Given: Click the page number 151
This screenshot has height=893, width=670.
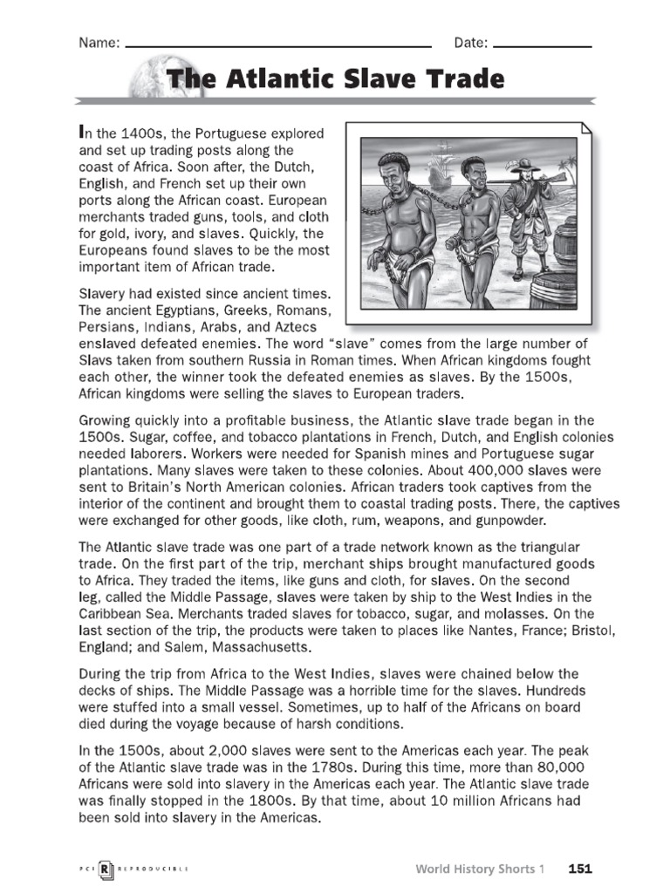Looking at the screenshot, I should click(580, 868).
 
